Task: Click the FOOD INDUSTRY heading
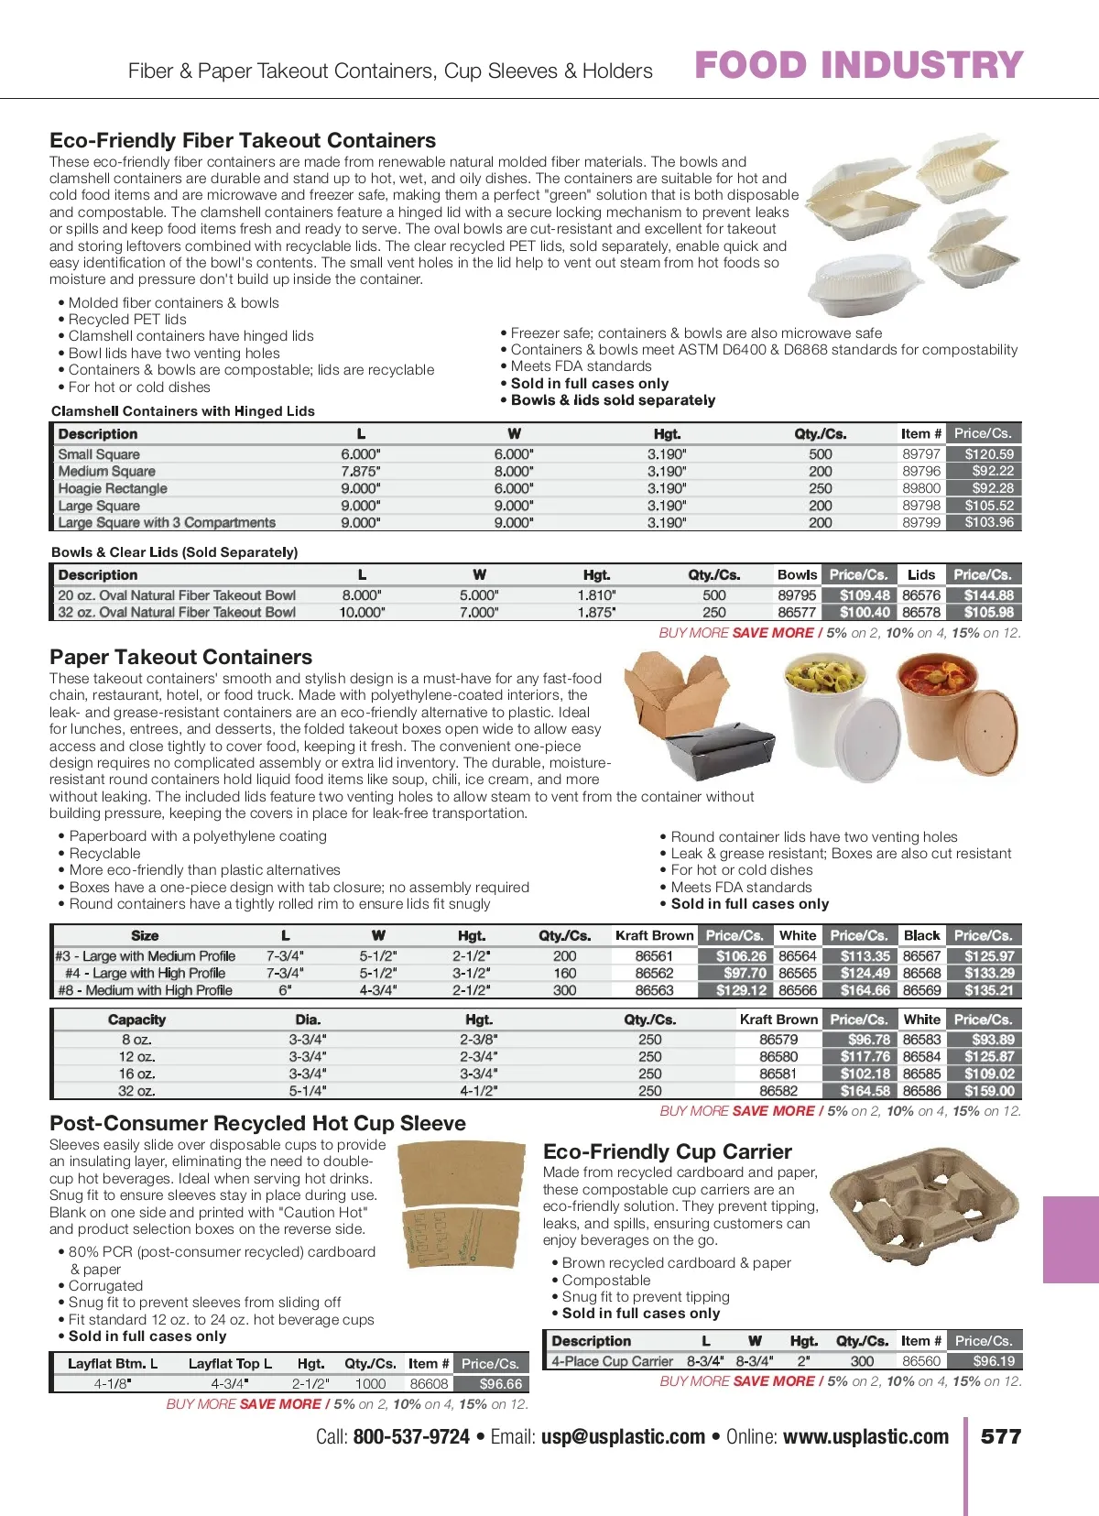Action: pyautogui.click(x=858, y=65)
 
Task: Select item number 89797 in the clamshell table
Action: pyautogui.click(x=920, y=453)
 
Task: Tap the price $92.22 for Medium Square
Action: pyautogui.click(x=992, y=471)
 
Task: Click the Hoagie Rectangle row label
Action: pyautogui.click(x=113, y=488)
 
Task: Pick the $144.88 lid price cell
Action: pyautogui.click(x=988, y=595)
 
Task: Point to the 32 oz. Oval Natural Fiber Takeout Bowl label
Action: pyautogui.click(x=177, y=613)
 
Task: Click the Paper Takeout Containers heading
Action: pyautogui.click(x=180, y=657)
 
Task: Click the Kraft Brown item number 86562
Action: pyautogui.click(x=654, y=973)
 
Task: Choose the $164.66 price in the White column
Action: pyautogui.click(x=865, y=990)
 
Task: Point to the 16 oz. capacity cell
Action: pyautogui.click(x=136, y=1074)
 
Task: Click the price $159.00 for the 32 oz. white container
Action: pyautogui.click(x=988, y=1091)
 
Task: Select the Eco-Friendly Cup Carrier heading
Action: pyautogui.click(x=667, y=1151)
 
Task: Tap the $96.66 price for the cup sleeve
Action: pyautogui.click(x=500, y=1384)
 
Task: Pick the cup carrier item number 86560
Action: pyautogui.click(x=921, y=1361)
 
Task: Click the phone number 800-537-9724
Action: pyautogui.click(x=411, y=1436)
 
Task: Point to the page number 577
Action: pyautogui.click(x=1000, y=1436)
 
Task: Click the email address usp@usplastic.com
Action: pyautogui.click(x=623, y=1436)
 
